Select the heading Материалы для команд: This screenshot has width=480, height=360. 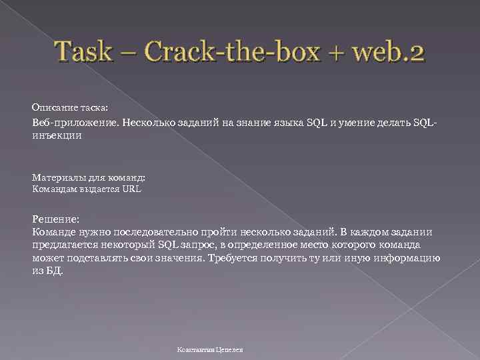[88, 178]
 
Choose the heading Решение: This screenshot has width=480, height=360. [56, 219]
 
